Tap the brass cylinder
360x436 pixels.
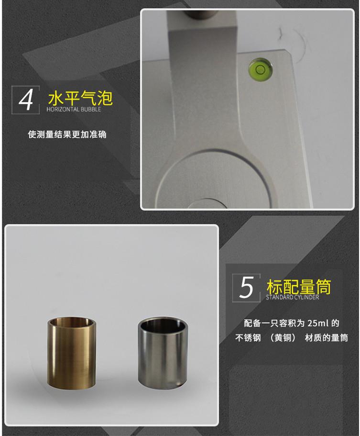(72, 353)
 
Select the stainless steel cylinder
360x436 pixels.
(163, 353)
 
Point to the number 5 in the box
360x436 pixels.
(246, 288)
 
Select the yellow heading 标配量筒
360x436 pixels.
(299, 286)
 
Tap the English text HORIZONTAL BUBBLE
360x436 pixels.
(74, 109)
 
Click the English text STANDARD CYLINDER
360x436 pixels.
(292, 297)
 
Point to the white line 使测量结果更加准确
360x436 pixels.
(67, 134)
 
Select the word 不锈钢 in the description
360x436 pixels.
(248, 338)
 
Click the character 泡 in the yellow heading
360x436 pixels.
(105, 98)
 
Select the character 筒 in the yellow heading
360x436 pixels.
(323, 287)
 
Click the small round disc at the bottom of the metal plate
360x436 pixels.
(207, 203)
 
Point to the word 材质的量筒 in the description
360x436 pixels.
(326, 338)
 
